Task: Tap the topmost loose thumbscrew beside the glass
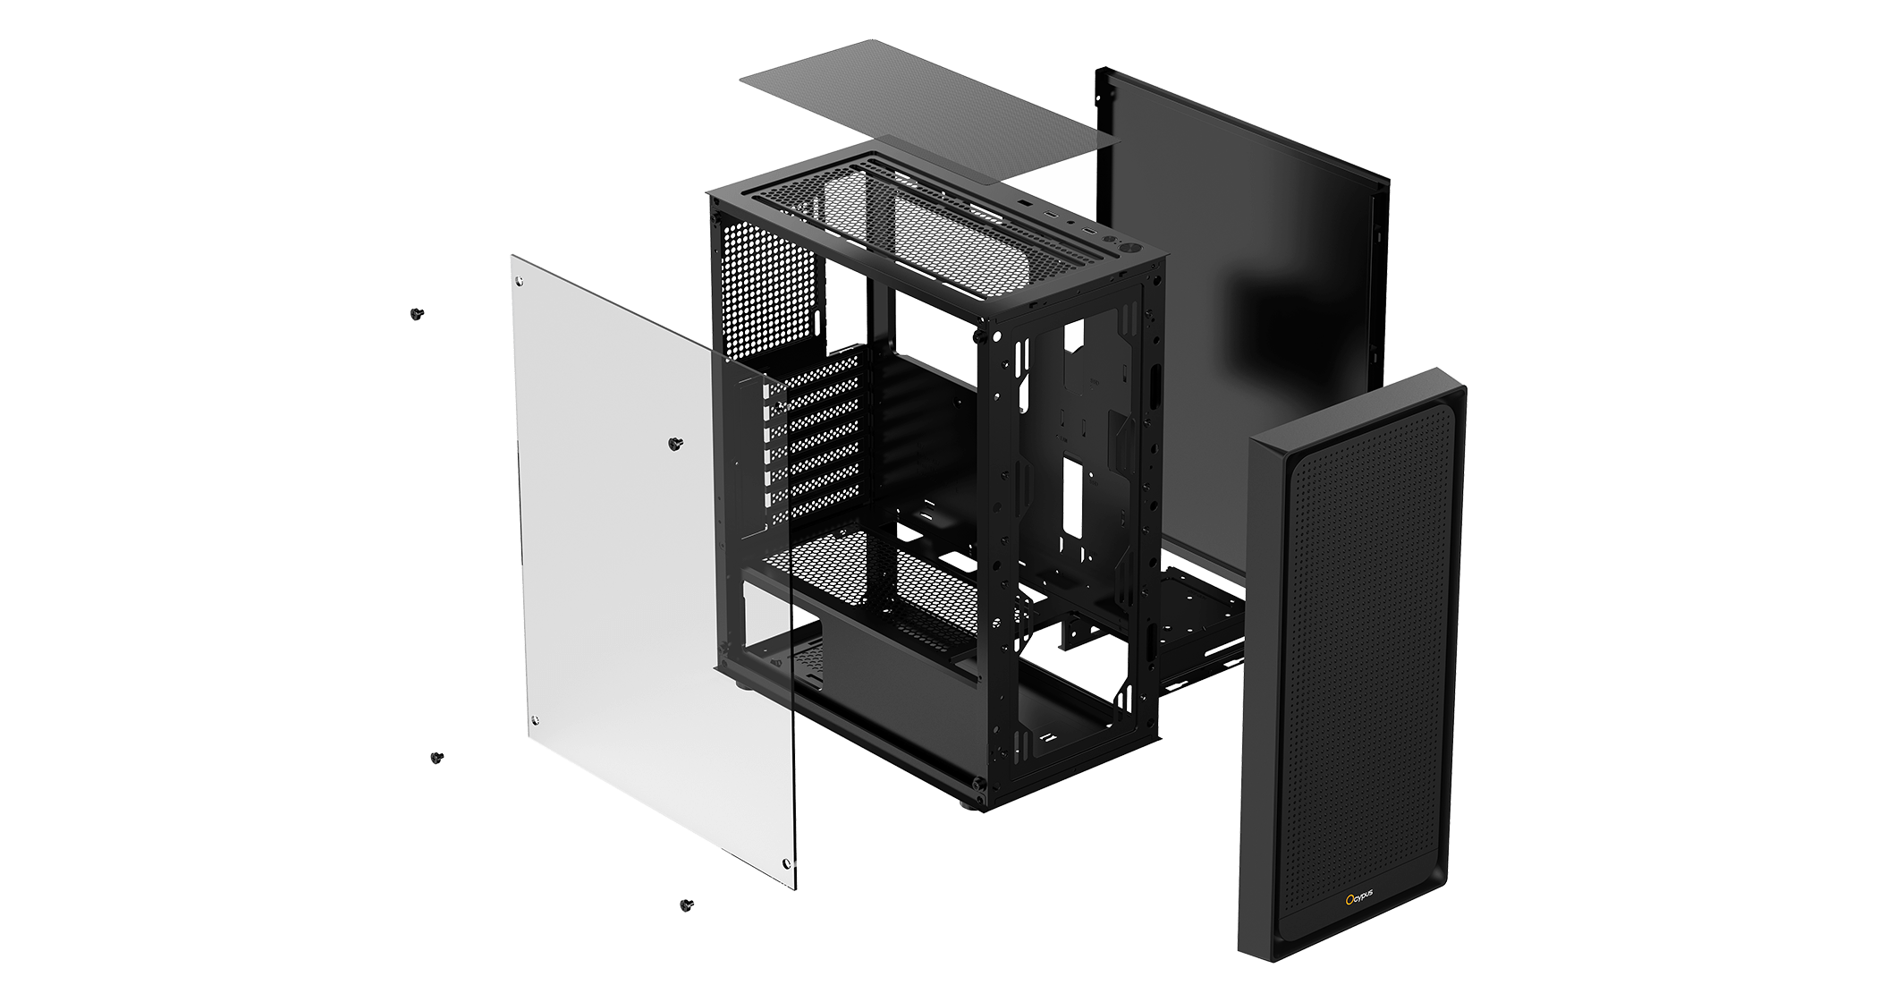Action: [417, 314]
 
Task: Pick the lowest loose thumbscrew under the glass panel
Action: [687, 905]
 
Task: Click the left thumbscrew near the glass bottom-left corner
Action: [436, 758]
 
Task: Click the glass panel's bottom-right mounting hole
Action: [786, 864]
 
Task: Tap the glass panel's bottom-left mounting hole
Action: [535, 720]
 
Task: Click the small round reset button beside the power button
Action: [1112, 241]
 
